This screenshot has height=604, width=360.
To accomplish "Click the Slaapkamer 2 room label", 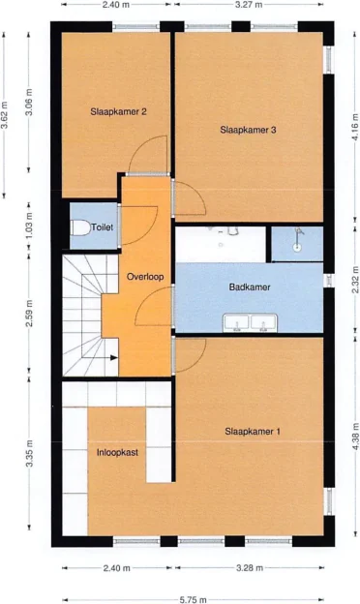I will coord(118,111).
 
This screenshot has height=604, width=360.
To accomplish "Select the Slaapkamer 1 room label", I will coord(253,431).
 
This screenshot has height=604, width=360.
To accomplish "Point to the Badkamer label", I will coord(249,287).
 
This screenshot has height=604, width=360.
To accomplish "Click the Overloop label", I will coord(145,277).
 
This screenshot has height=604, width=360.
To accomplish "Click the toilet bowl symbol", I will coord(80,228).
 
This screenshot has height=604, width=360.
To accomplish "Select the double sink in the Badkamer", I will coord(248,322).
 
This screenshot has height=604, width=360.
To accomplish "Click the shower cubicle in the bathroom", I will coord(296,243).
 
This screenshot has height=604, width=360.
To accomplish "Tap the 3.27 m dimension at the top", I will coord(248,5).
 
